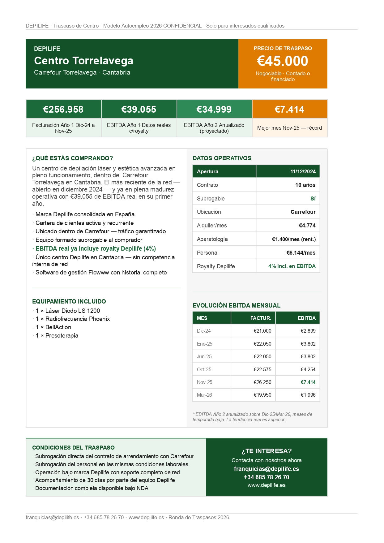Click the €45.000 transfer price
click(x=282, y=61)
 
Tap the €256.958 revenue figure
click(x=63, y=109)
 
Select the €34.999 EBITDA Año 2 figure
click(x=214, y=109)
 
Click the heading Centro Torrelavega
click(x=83, y=61)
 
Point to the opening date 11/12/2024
click(x=303, y=171)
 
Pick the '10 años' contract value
click(x=305, y=185)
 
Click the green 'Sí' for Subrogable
click(x=313, y=199)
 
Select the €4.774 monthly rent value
click(x=307, y=226)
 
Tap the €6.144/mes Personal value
click(x=301, y=253)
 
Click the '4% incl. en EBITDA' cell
click(x=292, y=266)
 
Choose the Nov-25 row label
click(x=205, y=382)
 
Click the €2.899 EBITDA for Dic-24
click(x=308, y=331)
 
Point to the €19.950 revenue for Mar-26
click(x=262, y=395)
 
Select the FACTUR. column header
click(x=261, y=318)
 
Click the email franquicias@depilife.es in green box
click(x=267, y=469)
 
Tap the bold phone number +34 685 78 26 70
click(x=267, y=477)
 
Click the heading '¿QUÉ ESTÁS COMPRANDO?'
click(x=72, y=158)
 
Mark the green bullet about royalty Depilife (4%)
click(x=96, y=248)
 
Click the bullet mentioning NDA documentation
click(x=92, y=488)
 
